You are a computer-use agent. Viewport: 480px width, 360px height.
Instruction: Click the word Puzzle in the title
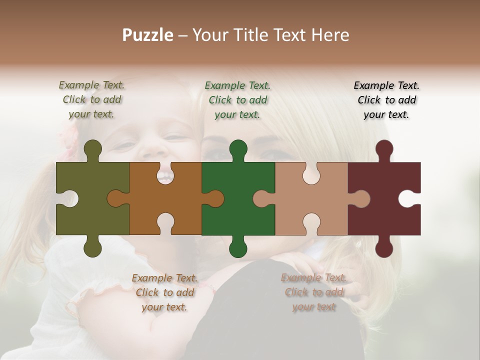pyautogui.click(x=148, y=35)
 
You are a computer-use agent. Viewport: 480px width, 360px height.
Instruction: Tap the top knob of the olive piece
pyautogui.click(x=93, y=148)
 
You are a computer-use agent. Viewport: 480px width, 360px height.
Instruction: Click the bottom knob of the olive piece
pyautogui.click(x=93, y=248)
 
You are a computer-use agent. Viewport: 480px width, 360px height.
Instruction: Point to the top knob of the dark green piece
pyautogui.click(x=238, y=148)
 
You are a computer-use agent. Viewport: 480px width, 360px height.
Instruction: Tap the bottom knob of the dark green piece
pyautogui.click(x=238, y=248)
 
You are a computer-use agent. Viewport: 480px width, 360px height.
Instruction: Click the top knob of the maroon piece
pyautogui.click(x=384, y=148)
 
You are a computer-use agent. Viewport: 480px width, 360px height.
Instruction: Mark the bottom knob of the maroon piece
pyautogui.click(x=384, y=248)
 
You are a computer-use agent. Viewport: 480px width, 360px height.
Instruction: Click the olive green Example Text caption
pyautogui.click(x=91, y=99)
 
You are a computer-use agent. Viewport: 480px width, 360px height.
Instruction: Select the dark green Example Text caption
pyautogui.click(x=237, y=100)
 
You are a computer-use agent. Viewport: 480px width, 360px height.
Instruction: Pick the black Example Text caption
pyautogui.click(x=386, y=100)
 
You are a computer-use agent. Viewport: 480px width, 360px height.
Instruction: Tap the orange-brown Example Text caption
pyautogui.click(x=164, y=292)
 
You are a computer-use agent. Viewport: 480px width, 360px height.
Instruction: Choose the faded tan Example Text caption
pyautogui.click(x=313, y=292)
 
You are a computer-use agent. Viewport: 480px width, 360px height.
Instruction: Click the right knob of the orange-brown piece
pyautogui.click(x=215, y=198)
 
